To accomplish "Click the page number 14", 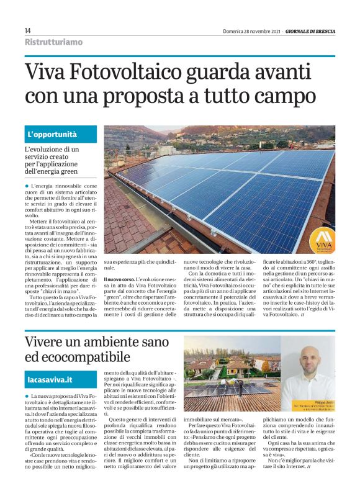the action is coord(28,31).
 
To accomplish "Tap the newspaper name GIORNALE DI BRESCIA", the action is coord(310,31).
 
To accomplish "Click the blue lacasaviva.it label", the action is coord(50,378).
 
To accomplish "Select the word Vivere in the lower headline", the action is coord(49,341).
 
